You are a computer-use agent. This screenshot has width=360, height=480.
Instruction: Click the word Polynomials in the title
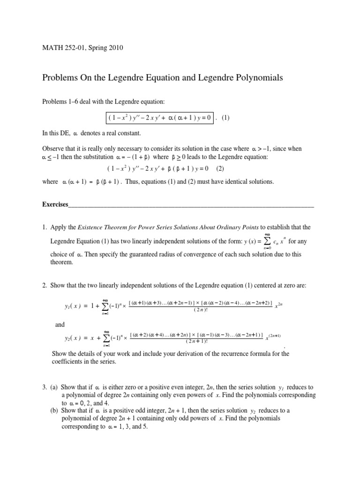tap(257, 78)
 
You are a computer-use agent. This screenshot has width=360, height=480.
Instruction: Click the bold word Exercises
tap(55, 204)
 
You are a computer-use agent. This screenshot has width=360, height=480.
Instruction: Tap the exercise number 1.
tap(44, 227)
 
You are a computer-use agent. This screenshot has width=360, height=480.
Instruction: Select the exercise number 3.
tap(44, 387)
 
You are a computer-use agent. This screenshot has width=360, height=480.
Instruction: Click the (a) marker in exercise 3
tap(54, 387)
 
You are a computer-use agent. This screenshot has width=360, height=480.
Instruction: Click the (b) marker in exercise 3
tap(54, 411)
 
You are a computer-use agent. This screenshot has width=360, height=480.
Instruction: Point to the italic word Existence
tap(92, 227)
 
